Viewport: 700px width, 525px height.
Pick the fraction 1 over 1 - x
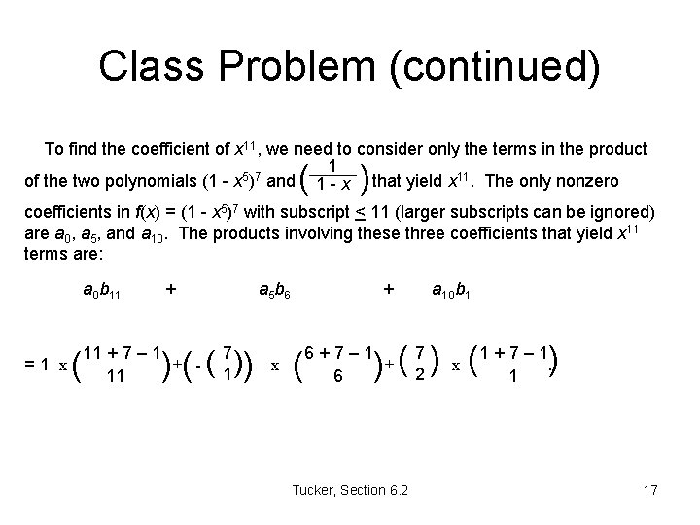pyautogui.click(x=333, y=175)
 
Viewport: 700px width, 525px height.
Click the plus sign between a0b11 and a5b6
pyautogui.click(x=172, y=289)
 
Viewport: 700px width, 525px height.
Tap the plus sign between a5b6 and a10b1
pyautogui.click(x=390, y=289)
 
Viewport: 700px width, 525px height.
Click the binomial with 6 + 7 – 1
pyautogui.click(x=336, y=363)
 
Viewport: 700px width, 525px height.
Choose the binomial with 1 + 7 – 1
pyautogui.click(x=512, y=363)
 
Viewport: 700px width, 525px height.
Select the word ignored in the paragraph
pyautogui.click(x=623, y=212)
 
